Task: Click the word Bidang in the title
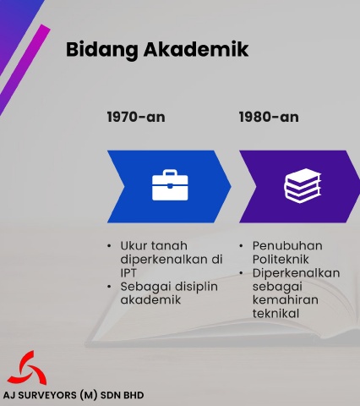101,51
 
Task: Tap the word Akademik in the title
196,49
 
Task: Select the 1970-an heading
136,117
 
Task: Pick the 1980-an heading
269,117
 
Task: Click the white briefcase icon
170,185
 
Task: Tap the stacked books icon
303,185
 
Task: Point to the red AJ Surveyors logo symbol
27,368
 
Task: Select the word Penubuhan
287,246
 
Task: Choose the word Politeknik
281,260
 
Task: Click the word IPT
128,273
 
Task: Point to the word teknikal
275,314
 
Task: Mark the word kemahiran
286,299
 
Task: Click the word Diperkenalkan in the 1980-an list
296,273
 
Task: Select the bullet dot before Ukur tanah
109,246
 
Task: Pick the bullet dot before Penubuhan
241,246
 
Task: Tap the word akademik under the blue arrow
150,299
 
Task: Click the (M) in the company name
89,395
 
